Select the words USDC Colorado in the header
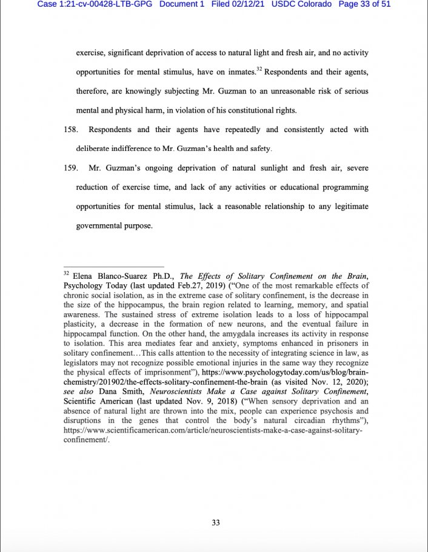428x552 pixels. coord(302,4)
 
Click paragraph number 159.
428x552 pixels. coord(71,168)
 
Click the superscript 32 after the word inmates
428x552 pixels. coord(259,70)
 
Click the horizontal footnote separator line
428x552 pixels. coord(114,267)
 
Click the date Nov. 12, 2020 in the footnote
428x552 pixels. coord(330,382)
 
